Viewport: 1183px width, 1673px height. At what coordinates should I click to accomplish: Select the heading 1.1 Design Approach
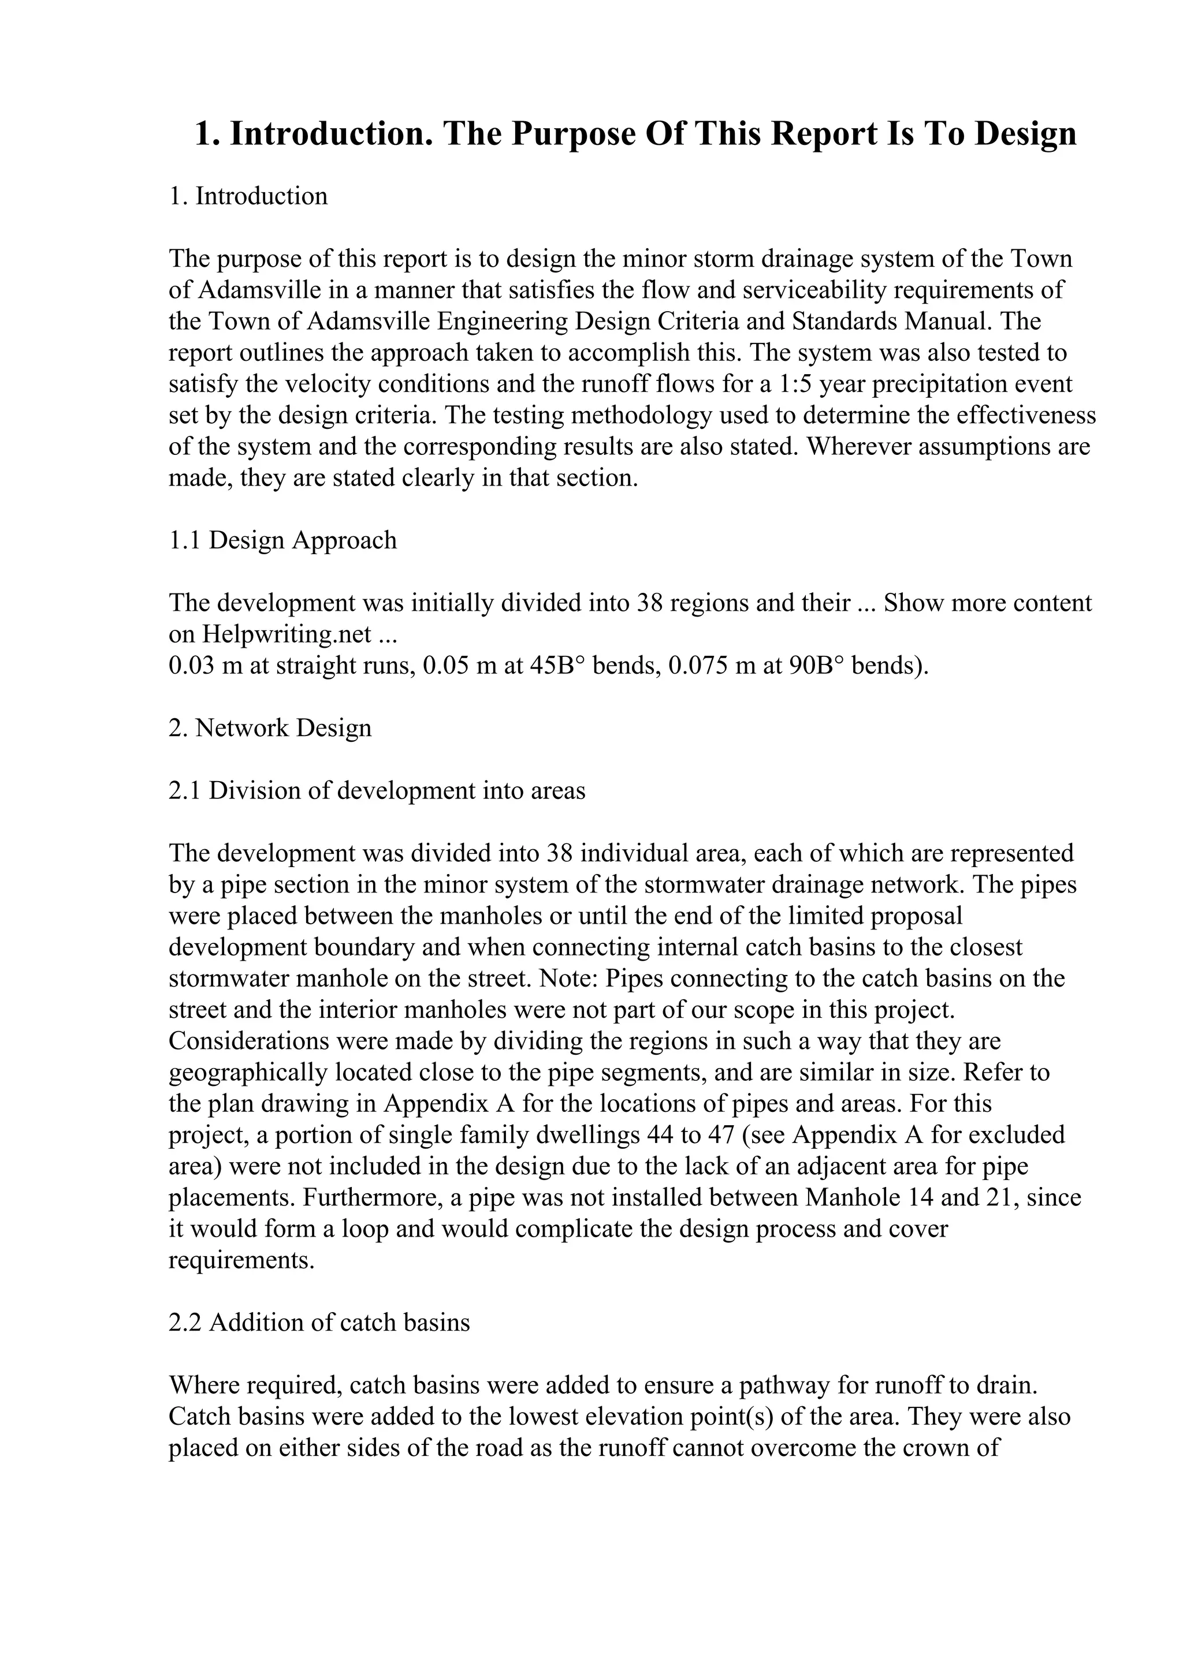(283, 541)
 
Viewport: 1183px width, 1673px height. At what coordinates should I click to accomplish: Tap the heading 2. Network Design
(270, 728)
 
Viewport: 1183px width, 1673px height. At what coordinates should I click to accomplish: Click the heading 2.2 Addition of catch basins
(319, 1323)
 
